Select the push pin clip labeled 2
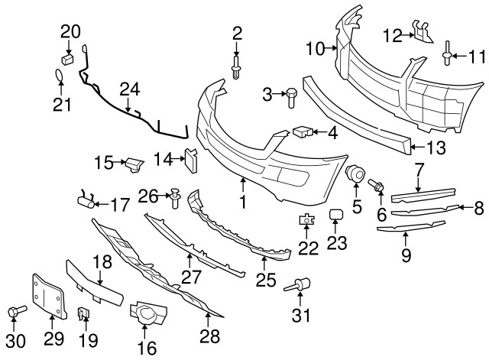237,66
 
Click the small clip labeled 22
306,221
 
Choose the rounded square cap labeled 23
336,216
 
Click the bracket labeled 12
420,33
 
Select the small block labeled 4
302,132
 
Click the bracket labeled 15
134,164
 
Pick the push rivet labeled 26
175,198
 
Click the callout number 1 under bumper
243,203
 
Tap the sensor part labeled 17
86,201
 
